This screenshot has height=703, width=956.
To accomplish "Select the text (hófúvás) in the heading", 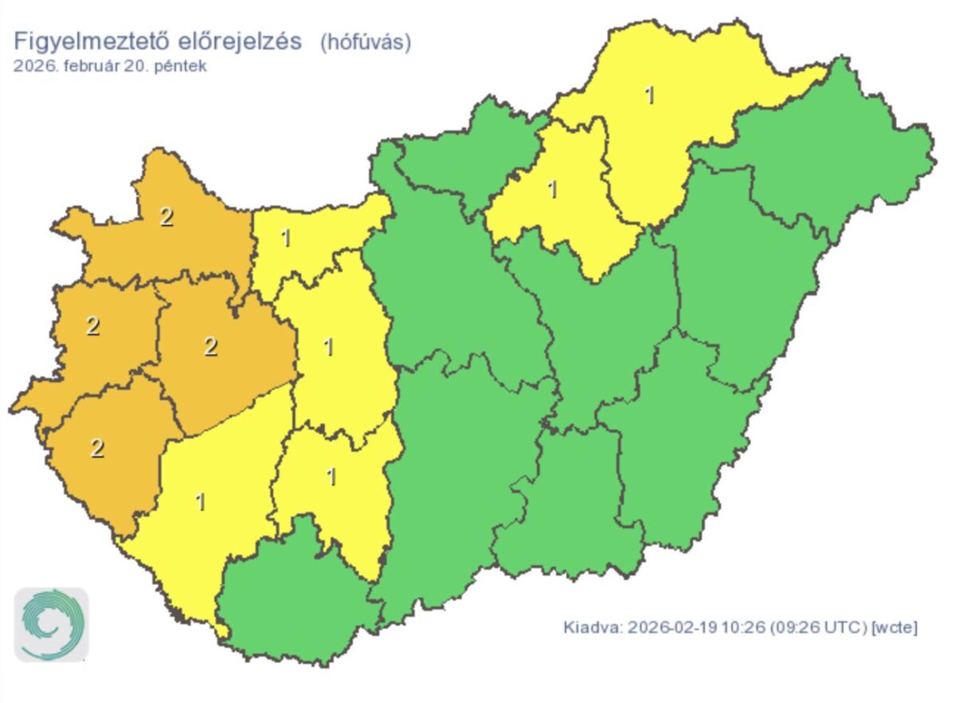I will point(366,42).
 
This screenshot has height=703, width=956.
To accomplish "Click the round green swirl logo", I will point(52,626).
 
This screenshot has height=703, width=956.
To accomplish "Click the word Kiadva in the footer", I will point(592,628).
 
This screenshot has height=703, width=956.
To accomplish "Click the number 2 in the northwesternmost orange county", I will point(166,216).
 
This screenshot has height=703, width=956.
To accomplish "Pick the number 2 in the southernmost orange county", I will point(96,448).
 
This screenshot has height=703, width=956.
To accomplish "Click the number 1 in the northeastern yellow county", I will point(649,95).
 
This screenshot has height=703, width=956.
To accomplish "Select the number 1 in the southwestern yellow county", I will point(200,501).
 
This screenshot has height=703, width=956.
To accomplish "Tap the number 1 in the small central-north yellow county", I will point(552,190).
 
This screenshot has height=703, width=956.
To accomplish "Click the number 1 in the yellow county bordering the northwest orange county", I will point(285,238).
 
